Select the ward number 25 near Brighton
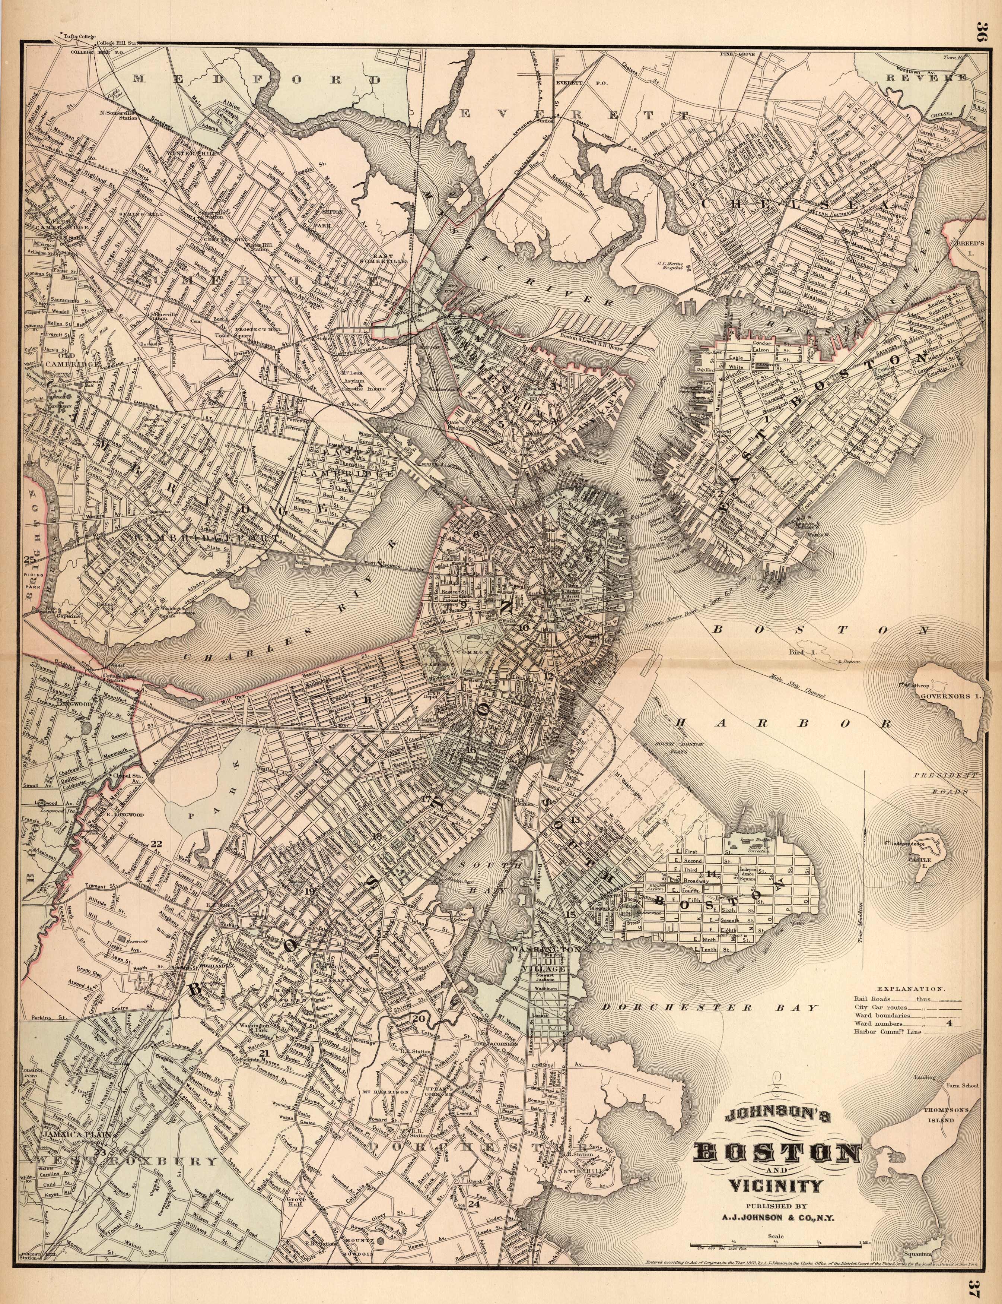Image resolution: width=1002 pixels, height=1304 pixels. pos(29,559)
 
